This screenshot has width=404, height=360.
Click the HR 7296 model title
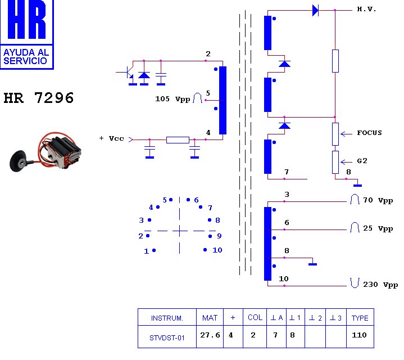(39, 98)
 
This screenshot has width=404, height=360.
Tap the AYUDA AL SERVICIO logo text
(26, 56)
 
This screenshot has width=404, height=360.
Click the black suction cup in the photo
(18, 160)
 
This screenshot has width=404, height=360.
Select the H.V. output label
(366, 10)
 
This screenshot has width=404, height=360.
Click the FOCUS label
(369, 133)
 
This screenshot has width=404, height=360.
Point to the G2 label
(362, 161)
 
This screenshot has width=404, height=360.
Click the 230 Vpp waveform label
(380, 285)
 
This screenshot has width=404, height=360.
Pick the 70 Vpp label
(378, 200)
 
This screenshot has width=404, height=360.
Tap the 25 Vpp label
(378, 228)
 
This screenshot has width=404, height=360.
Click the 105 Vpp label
(173, 99)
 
